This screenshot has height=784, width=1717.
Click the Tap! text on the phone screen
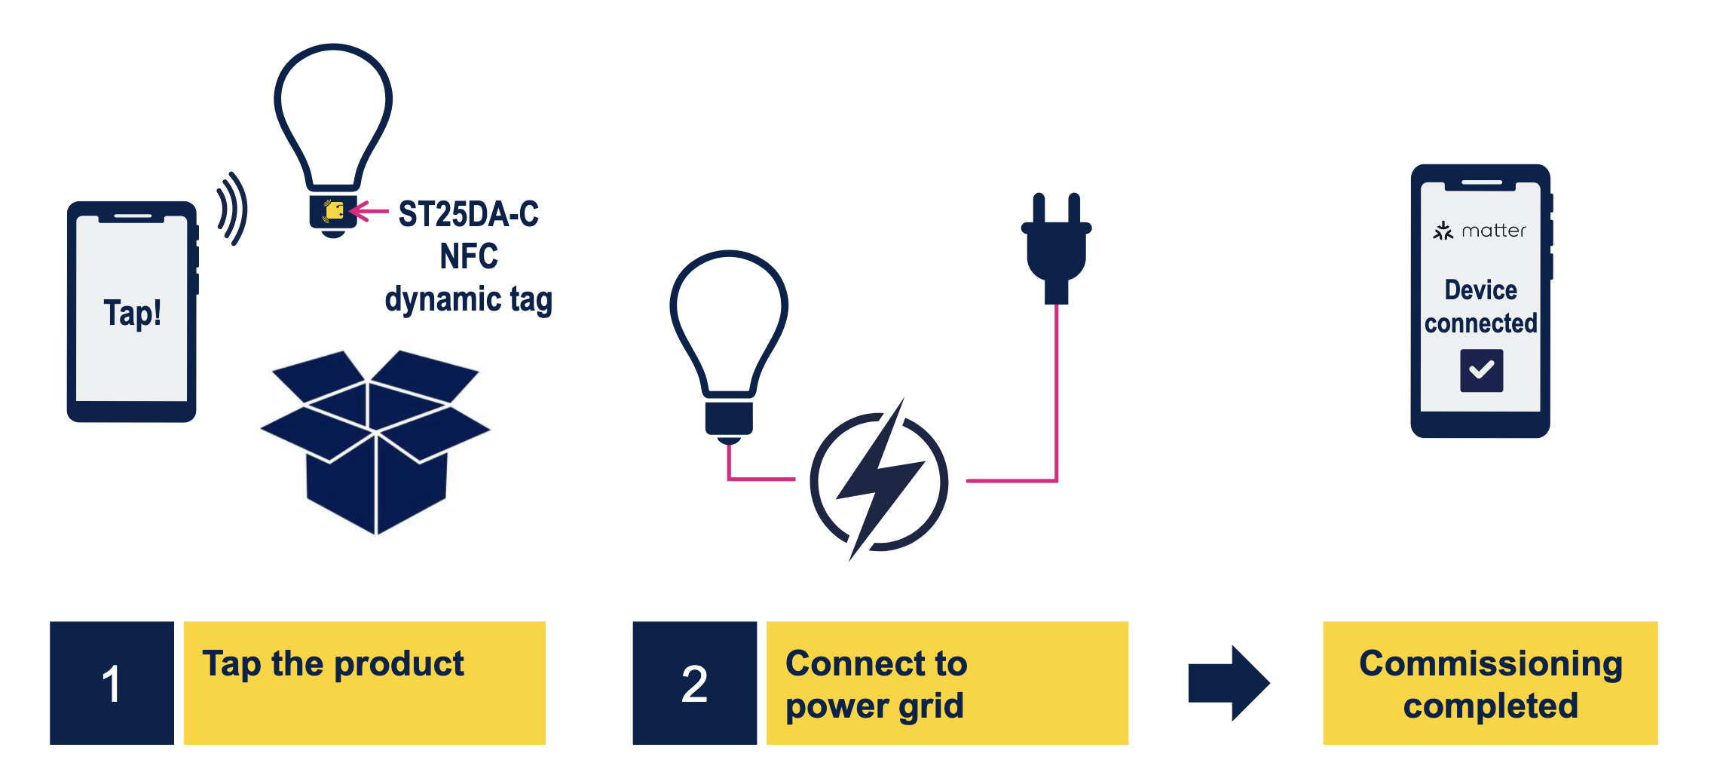tap(132, 313)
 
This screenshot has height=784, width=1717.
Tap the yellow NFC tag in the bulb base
tap(334, 210)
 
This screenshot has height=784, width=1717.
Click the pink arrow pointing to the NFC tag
tap(370, 211)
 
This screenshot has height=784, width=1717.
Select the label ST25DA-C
tap(468, 214)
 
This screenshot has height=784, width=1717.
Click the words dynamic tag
tap(468, 299)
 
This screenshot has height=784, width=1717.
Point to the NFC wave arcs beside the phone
tap(232, 209)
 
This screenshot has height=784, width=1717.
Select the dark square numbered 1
tap(112, 683)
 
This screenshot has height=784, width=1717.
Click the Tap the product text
tap(332, 664)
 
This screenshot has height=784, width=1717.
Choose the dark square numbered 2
tap(694, 683)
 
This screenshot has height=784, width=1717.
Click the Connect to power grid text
tap(875, 684)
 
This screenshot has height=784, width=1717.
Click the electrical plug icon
tap(1057, 249)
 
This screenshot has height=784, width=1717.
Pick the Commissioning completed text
tap(1490, 684)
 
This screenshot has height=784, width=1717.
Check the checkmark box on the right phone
tap(1481, 370)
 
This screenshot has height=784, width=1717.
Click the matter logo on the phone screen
tap(1480, 231)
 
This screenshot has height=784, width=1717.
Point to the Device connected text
tap(1480, 307)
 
